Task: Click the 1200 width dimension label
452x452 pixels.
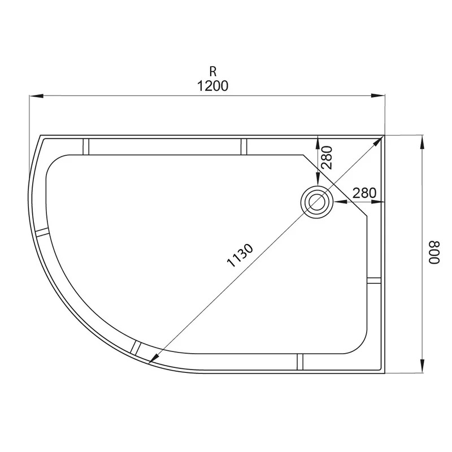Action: (213, 86)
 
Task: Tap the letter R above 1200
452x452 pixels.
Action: (213, 72)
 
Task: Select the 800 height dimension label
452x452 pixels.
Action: (434, 253)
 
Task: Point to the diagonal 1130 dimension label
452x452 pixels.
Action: (240, 255)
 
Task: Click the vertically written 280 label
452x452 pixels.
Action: (327, 158)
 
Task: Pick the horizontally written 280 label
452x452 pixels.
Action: (364, 193)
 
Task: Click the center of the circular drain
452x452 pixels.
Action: (317, 202)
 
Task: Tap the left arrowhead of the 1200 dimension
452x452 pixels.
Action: (36, 95)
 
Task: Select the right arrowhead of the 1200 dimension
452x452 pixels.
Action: (378, 95)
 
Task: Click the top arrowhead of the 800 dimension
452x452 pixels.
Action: (422, 142)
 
